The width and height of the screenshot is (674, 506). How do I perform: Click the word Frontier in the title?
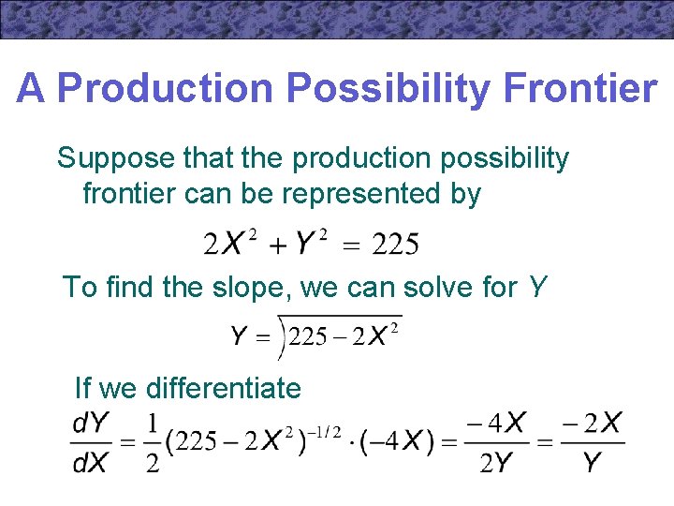click(579, 89)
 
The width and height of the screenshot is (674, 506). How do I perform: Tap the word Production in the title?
click(165, 89)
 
